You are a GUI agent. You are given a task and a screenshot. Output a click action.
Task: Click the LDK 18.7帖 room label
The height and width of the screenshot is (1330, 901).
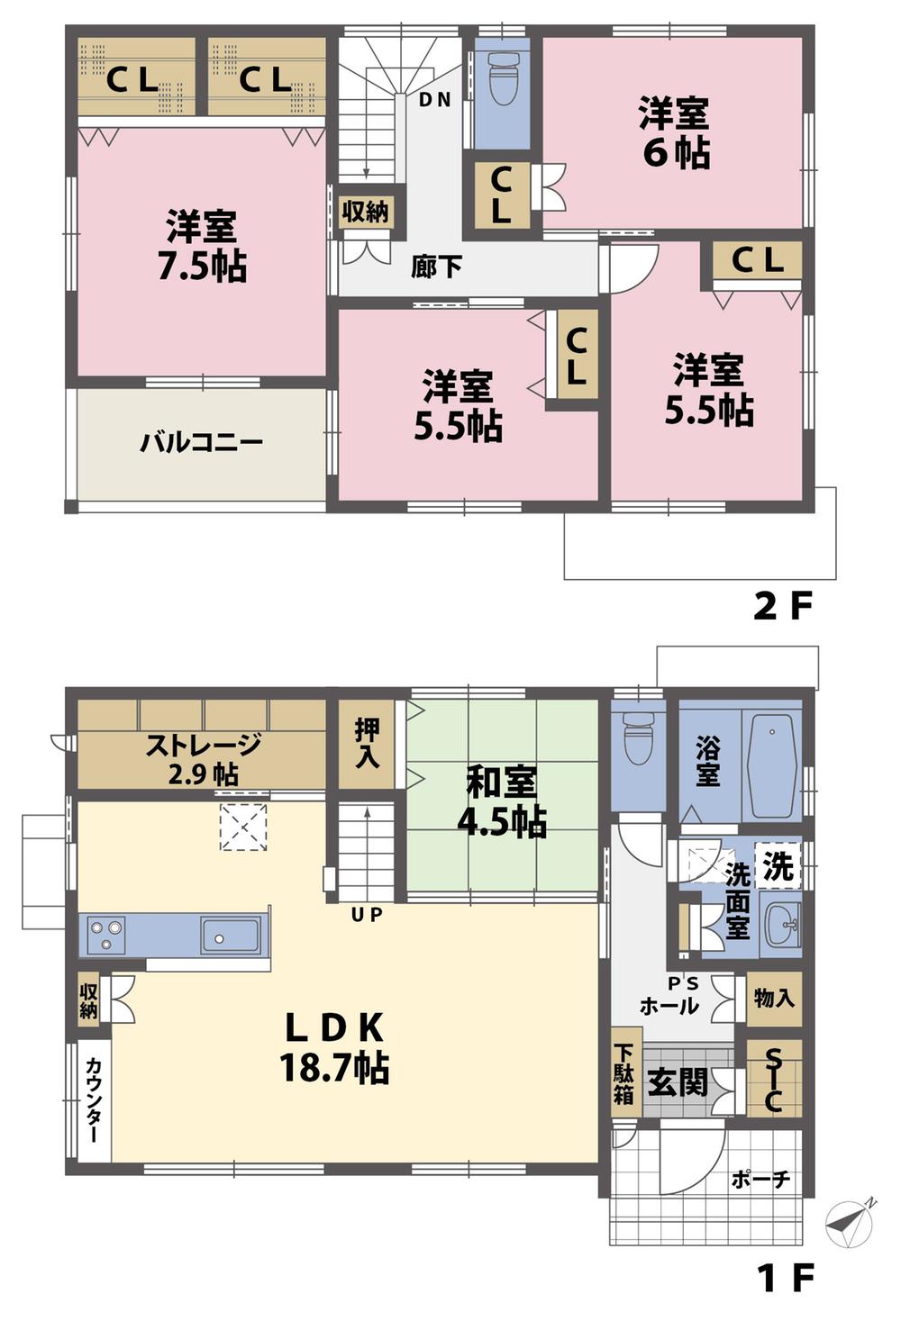[x=334, y=1047]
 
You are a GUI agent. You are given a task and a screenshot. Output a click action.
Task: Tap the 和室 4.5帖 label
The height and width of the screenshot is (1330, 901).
[x=503, y=801]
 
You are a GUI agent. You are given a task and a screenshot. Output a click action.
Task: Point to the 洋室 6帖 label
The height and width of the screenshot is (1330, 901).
[x=674, y=133]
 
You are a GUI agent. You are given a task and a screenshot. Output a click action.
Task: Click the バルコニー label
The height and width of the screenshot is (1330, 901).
[x=202, y=443]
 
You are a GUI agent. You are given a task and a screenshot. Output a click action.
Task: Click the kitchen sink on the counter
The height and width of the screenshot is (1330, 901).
[x=230, y=936]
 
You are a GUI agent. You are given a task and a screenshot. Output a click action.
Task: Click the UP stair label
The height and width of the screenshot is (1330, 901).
[x=368, y=916]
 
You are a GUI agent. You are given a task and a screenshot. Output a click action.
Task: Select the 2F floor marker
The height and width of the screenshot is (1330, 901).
[x=782, y=607]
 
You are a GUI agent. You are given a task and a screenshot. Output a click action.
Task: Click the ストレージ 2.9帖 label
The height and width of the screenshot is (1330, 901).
[x=203, y=758]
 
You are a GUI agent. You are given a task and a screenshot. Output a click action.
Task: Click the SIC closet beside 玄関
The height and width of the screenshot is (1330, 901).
[x=773, y=1079]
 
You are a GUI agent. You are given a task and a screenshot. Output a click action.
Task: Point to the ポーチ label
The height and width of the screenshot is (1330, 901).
[x=761, y=1179]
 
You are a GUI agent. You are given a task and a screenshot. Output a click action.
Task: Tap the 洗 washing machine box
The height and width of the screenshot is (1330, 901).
[x=778, y=865]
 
